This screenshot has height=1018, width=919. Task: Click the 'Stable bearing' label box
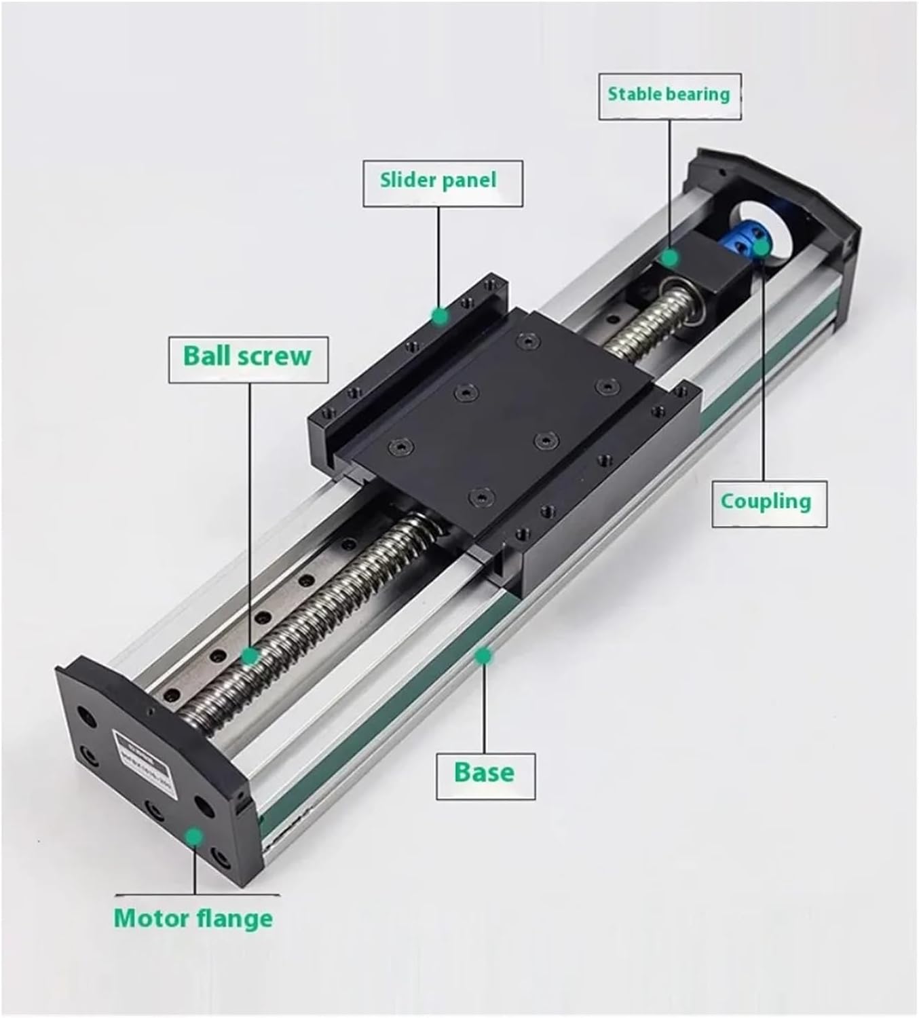coord(669,96)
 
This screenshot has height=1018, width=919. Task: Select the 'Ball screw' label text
coord(248,357)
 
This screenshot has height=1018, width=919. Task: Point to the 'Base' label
coord(485,774)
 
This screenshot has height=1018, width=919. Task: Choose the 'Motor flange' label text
coord(193,918)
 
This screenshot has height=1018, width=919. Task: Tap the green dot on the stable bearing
coord(670,258)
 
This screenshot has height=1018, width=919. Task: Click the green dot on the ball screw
coord(250,656)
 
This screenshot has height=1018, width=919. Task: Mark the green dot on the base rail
coord(483,656)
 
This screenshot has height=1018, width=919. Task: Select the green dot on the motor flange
coord(195,836)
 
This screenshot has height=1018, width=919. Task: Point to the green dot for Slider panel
coord(440,316)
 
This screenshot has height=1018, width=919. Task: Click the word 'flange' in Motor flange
coord(238,918)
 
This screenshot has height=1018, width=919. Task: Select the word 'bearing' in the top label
coord(699,96)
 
